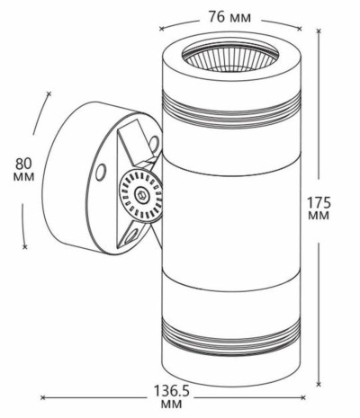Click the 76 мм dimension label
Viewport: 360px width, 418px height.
(229, 17)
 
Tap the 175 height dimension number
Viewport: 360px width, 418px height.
(319, 203)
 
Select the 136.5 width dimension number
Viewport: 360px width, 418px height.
(172, 391)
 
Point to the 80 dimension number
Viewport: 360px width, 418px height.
(23, 164)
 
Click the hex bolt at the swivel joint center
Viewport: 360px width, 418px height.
(140, 195)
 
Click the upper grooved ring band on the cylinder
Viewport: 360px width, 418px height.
(231, 110)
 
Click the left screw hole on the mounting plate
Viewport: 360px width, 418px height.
(101, 172)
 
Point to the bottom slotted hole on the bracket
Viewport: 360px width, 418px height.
(132, 236)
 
